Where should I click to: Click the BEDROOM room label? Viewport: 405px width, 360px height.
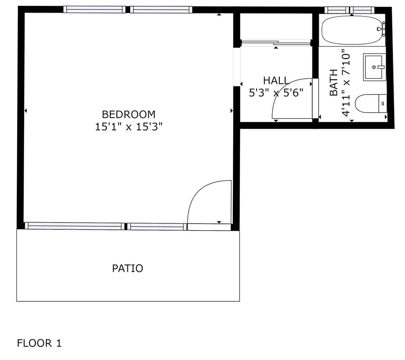(x=129, y=114)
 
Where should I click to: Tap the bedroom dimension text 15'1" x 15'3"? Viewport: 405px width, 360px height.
(x=129, y=127)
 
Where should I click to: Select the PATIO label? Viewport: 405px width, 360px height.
(x=127, y=268)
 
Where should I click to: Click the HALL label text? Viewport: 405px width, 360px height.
(x=276, y=81)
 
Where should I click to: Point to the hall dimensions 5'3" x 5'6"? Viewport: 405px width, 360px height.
(x=276, y=93)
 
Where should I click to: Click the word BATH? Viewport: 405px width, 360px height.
(x=333, y=83)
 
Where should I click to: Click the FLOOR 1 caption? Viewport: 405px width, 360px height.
(x=39, y=343)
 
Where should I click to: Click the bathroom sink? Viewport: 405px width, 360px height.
(x=374, y=67)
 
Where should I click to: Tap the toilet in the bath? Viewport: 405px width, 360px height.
(x=370, y=104)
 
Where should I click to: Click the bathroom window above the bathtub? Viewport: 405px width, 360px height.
(x=349, y=10)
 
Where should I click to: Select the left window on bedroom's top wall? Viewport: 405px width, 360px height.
(x=94, y=9)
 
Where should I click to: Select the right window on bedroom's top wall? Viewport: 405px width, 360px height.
(x=161, y=9)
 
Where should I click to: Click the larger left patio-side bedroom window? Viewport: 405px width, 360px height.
(x=75, y=226)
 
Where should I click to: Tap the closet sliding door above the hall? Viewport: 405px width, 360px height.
(x=275, y=42)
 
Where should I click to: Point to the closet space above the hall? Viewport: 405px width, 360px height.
(x=276, y=26)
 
